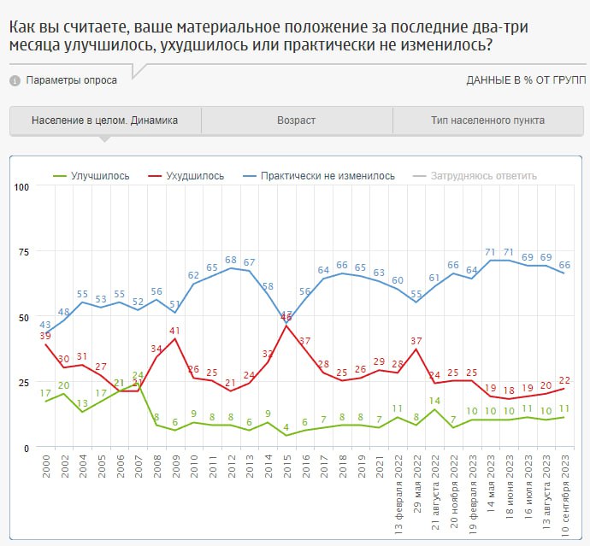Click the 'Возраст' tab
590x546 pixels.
click(296, 120)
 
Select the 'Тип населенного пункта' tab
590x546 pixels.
click(487, 120)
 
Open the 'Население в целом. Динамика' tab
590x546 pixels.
click(105, 120)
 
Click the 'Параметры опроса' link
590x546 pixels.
click(72, 80)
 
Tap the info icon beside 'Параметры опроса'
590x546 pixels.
click(15, 80)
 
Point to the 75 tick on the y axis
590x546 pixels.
click(22, 252)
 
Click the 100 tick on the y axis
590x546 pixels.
click(21, 186)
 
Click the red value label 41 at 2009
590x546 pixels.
click(174, 330)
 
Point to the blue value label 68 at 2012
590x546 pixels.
click(231, 260)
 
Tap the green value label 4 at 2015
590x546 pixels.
click(286, 426)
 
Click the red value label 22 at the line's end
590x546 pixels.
click(564, 380)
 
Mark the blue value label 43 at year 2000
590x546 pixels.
click(45, 325)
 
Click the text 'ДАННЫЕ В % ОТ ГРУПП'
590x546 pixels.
click(526, 80)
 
